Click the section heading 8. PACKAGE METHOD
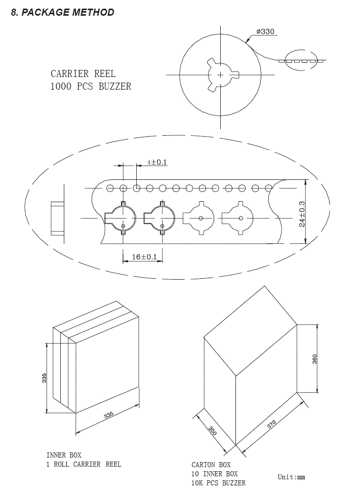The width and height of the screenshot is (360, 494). coord(63,12)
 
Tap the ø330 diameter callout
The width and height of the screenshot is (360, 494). coord(265,31)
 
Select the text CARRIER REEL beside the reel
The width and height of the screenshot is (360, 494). coord(83,74)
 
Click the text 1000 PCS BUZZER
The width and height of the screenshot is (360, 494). coord(91,86)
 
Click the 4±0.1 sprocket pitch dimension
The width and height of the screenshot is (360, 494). coord(157,162)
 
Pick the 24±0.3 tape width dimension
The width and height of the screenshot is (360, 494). coord(302,214)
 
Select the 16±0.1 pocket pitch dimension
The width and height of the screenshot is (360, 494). coord(144,257)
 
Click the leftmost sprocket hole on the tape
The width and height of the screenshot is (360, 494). coord(110,188)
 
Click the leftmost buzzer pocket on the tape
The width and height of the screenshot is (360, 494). coord(120,218)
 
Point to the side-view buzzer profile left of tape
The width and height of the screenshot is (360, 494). coord(58,219)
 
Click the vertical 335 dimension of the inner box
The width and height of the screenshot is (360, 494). coord(45,378)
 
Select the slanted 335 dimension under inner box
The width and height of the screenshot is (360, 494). coord(108,415)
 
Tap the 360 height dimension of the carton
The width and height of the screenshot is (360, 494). coord(314,359)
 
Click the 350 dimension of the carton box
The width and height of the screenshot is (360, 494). coord(213,431)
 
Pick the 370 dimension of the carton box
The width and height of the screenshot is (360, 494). coord(271,425)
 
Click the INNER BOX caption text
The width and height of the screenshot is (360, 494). coord(64,455)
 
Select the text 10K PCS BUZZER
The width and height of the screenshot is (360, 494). coord(219,483)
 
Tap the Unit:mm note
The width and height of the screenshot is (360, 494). coord(291,477)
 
